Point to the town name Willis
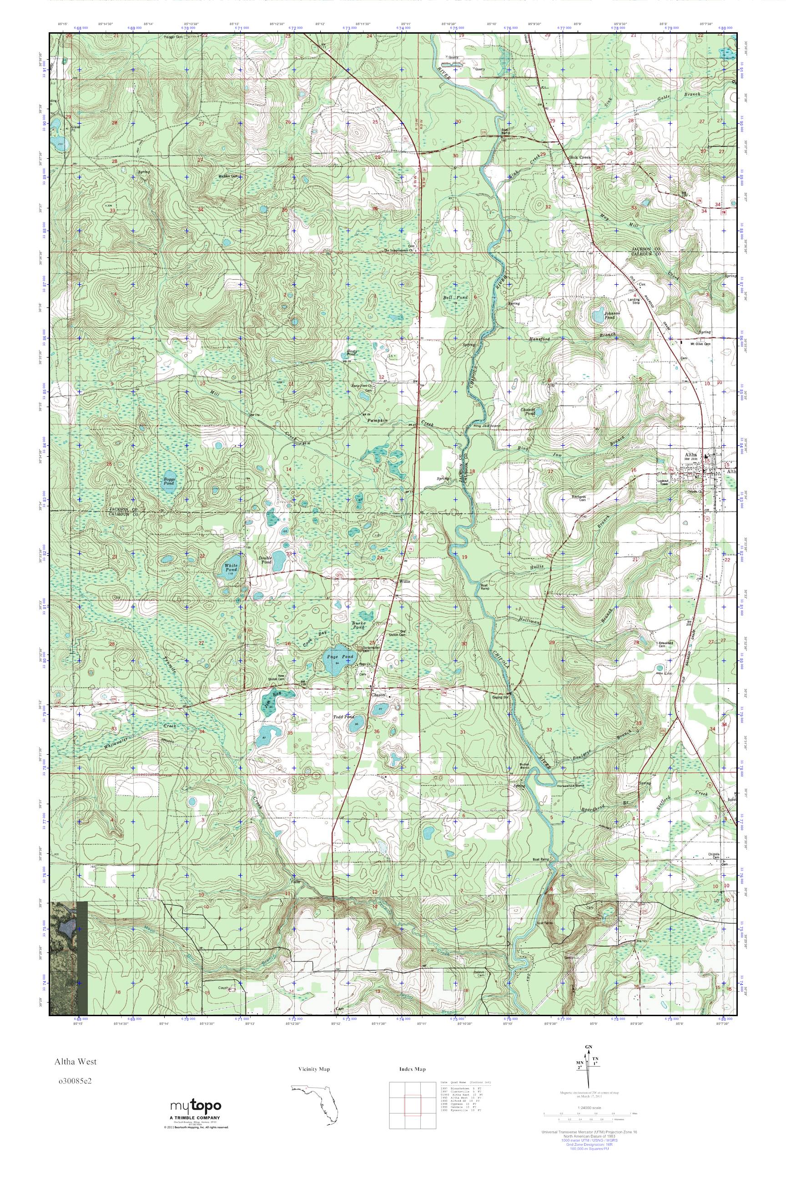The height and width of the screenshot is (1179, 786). pyautogui.click(x=404, y=581)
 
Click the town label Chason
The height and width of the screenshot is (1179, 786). pyautogui.click(x=378, y=695)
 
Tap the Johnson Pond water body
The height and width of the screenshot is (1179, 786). pyautogui.click(x=598, y=316)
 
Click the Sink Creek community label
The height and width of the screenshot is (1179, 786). pyautogui.click(x=580, y=157)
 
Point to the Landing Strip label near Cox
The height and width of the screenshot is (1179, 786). pyautogui.click(x=634, y=302)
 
